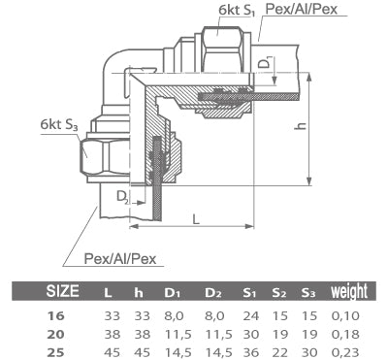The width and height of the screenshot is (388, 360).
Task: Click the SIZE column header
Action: pos(65,291)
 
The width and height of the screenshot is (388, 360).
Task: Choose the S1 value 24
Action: pos(249,314)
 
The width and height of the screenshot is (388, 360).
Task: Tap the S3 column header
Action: pos(309,291)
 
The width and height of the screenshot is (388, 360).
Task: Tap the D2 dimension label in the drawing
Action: pos(121,198)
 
